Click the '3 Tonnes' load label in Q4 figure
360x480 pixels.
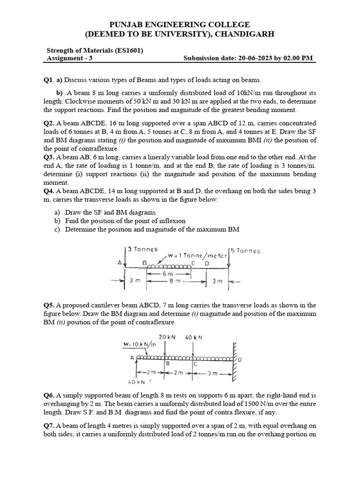tap(142, 249)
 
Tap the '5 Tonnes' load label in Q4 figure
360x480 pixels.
tap(244, 250)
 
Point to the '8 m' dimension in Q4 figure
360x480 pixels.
tap(175, 281)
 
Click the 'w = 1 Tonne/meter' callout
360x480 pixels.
tap(197, 256)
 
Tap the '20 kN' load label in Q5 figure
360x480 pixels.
tap(167, 337)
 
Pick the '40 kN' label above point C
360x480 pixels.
tap(194, 337)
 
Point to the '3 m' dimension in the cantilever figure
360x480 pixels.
tap(213, 374)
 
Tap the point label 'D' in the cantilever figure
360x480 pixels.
tap(240, 360)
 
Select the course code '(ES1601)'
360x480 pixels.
tap(127, 51)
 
